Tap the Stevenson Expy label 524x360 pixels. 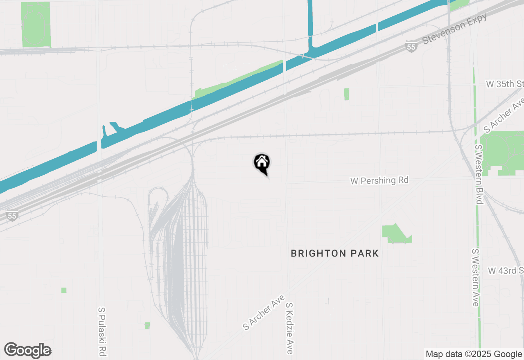pos(455,28)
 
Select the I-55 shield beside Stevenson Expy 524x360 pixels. pos(411,47)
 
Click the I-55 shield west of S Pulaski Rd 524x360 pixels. pos(12,216)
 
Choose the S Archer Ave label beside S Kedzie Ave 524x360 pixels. pos(264,312)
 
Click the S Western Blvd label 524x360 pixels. pos(478,174)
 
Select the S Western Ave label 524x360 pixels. pos(475,277)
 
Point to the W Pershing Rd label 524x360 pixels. pos(379,180)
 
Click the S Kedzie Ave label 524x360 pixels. pos(290,328)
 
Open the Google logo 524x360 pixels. pos(28,350)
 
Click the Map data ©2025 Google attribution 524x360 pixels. pos(473,354)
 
